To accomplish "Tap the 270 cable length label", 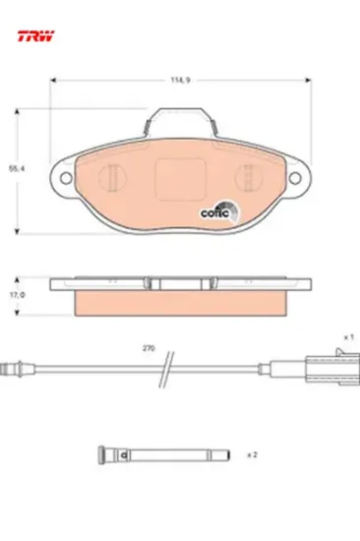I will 148,349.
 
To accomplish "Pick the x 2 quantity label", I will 253,454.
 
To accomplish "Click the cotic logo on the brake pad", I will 216,208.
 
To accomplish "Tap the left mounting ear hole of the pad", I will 66,178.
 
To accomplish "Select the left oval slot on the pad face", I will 113,178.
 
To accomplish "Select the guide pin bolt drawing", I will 162,454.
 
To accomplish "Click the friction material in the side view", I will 179,304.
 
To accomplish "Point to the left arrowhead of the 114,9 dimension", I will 52,81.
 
